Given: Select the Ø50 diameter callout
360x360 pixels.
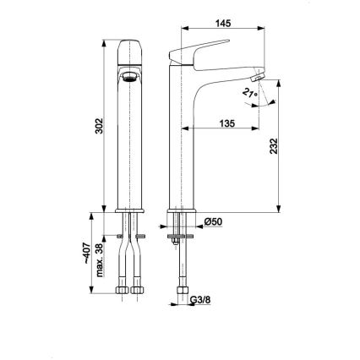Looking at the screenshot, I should pyautogui.click(x=212, y=221).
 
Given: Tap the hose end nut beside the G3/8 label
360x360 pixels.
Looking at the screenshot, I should pyautogui.click(x=182, y=293).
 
